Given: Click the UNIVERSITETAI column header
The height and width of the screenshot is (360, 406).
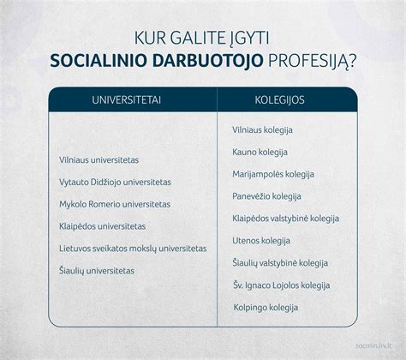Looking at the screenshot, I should coord(128,100).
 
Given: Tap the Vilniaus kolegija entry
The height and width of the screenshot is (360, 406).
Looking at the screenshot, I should coord(263,129).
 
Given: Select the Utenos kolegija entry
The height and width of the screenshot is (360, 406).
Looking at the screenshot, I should coord(261,241).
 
